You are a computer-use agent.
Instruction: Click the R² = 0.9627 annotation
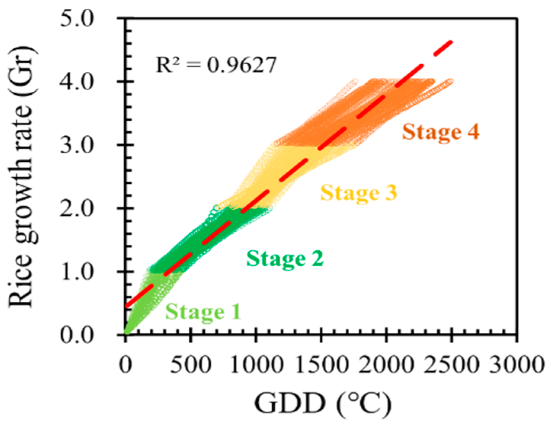coord(216,65)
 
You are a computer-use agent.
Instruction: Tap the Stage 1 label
coord(203,312)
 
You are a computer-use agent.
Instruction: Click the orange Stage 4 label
coord(441,132)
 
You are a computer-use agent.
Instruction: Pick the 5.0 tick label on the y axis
coord(77,19)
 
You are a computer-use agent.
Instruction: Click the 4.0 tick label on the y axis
coord(77,82)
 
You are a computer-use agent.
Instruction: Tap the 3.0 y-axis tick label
coord(77,145)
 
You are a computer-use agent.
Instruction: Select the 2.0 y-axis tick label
coord(77,209)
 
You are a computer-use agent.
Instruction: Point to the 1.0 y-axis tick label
coord(77,272)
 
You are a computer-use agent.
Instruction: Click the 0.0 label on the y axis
coord(77,336)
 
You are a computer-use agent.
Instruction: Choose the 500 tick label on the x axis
coord(190,364)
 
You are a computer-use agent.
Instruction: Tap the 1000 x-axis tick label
coord(256,364)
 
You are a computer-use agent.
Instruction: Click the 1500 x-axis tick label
coord(321,364)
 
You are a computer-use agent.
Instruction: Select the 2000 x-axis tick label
coord(386,364)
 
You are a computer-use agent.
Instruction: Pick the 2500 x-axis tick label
coord(451,364)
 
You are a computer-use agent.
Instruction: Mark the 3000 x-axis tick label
coord(516,364)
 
